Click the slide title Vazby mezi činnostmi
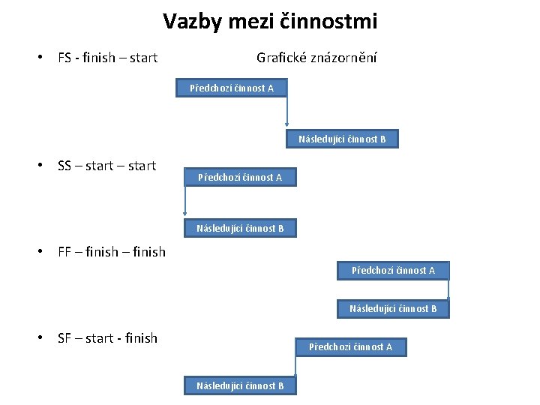270,22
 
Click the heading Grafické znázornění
316,58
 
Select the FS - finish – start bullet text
107,58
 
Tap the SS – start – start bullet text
106,166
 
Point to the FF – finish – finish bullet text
111,252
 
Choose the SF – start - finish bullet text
107,338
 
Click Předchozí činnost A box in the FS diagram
231,88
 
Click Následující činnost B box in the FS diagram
342,139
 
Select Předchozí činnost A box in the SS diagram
240,178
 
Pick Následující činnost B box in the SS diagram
240,228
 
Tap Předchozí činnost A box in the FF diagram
393,270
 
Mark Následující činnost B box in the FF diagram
393,308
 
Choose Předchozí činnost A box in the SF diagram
350,346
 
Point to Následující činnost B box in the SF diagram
240,385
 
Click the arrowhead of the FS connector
286,125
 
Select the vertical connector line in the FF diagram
448,289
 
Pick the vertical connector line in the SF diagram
296,366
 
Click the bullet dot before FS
45,58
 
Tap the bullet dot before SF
45,338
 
